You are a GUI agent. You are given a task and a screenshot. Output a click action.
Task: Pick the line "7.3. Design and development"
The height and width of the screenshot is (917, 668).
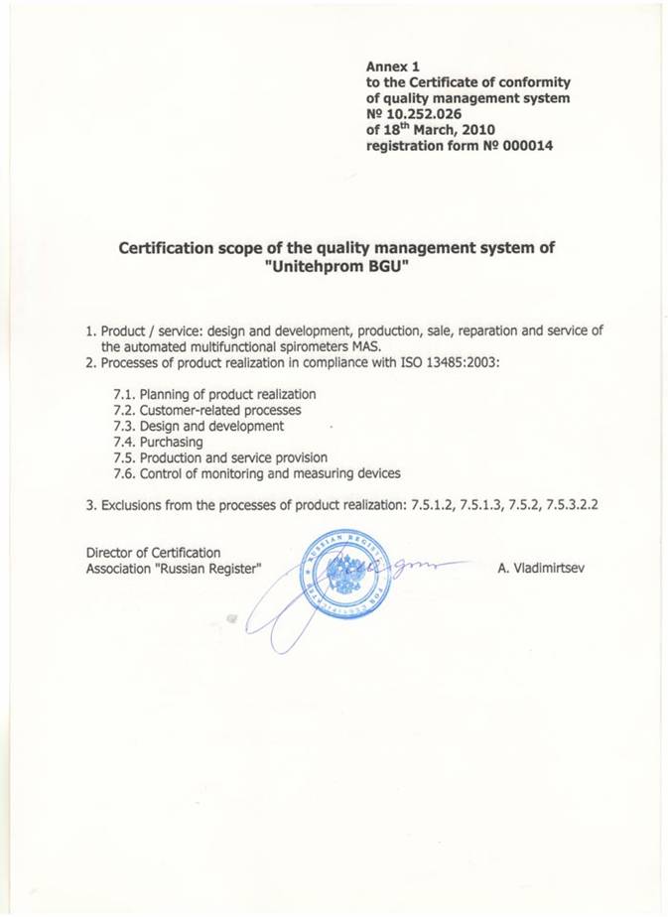[199, 426]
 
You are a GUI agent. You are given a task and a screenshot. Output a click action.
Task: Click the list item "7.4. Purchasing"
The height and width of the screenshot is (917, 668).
[159, 442]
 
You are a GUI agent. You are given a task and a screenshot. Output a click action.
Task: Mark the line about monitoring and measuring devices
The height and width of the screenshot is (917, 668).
[257, 473]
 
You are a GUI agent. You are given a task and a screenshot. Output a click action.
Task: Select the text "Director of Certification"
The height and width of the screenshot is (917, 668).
[154, 553]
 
